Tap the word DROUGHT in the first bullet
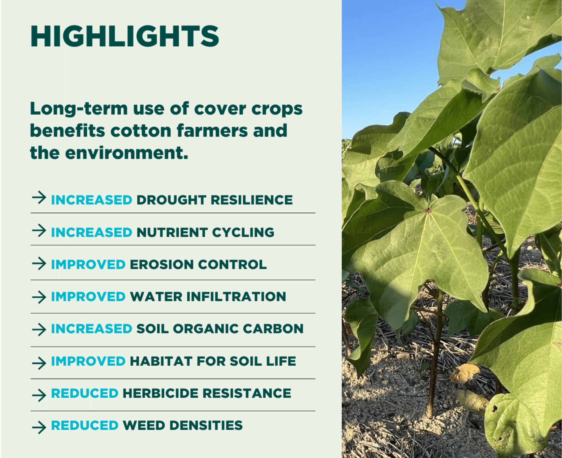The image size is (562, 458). pyautogui.click(x=171, y=200)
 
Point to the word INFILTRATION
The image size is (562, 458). pyautogui.click(x=236, y=297)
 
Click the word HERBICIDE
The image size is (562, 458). pyautogui.click(x=160, y=393)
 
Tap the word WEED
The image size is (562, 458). pyautogui.click(x=144, y=425)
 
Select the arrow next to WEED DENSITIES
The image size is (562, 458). pyautogui.click(x=39, y=427)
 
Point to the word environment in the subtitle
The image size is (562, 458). pyautogui.click(x=127, y=153)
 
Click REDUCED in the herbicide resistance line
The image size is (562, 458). pyautogui.click(x=85, y=393)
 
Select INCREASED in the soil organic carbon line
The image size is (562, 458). pyautogui.click(x=92, y=329)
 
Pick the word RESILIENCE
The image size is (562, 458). pyautogui.click(x=252, y=200)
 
